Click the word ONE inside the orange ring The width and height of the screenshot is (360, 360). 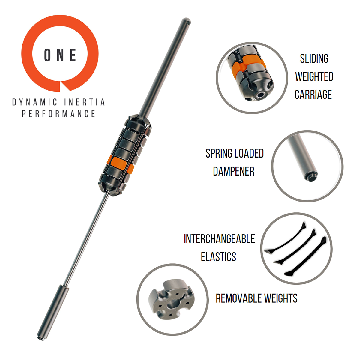60,55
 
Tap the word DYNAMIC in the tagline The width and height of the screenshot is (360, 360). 34,102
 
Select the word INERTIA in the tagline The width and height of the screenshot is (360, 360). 84,102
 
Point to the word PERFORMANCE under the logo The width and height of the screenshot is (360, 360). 58,114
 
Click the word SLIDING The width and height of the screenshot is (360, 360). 314,59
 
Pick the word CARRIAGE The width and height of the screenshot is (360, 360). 313,94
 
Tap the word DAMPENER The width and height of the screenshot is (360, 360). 234,171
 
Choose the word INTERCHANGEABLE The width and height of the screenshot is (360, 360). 219,239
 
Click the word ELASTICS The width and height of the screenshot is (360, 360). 218,257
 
